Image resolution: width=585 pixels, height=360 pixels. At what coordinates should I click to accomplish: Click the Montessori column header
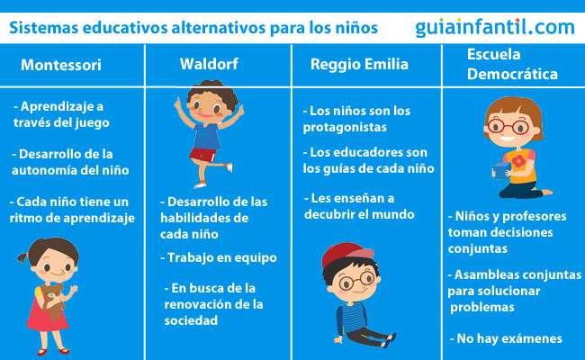60,66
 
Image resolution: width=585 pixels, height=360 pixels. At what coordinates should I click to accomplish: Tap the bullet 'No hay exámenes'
505,338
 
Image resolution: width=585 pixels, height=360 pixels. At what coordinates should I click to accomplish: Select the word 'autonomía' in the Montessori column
45,170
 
